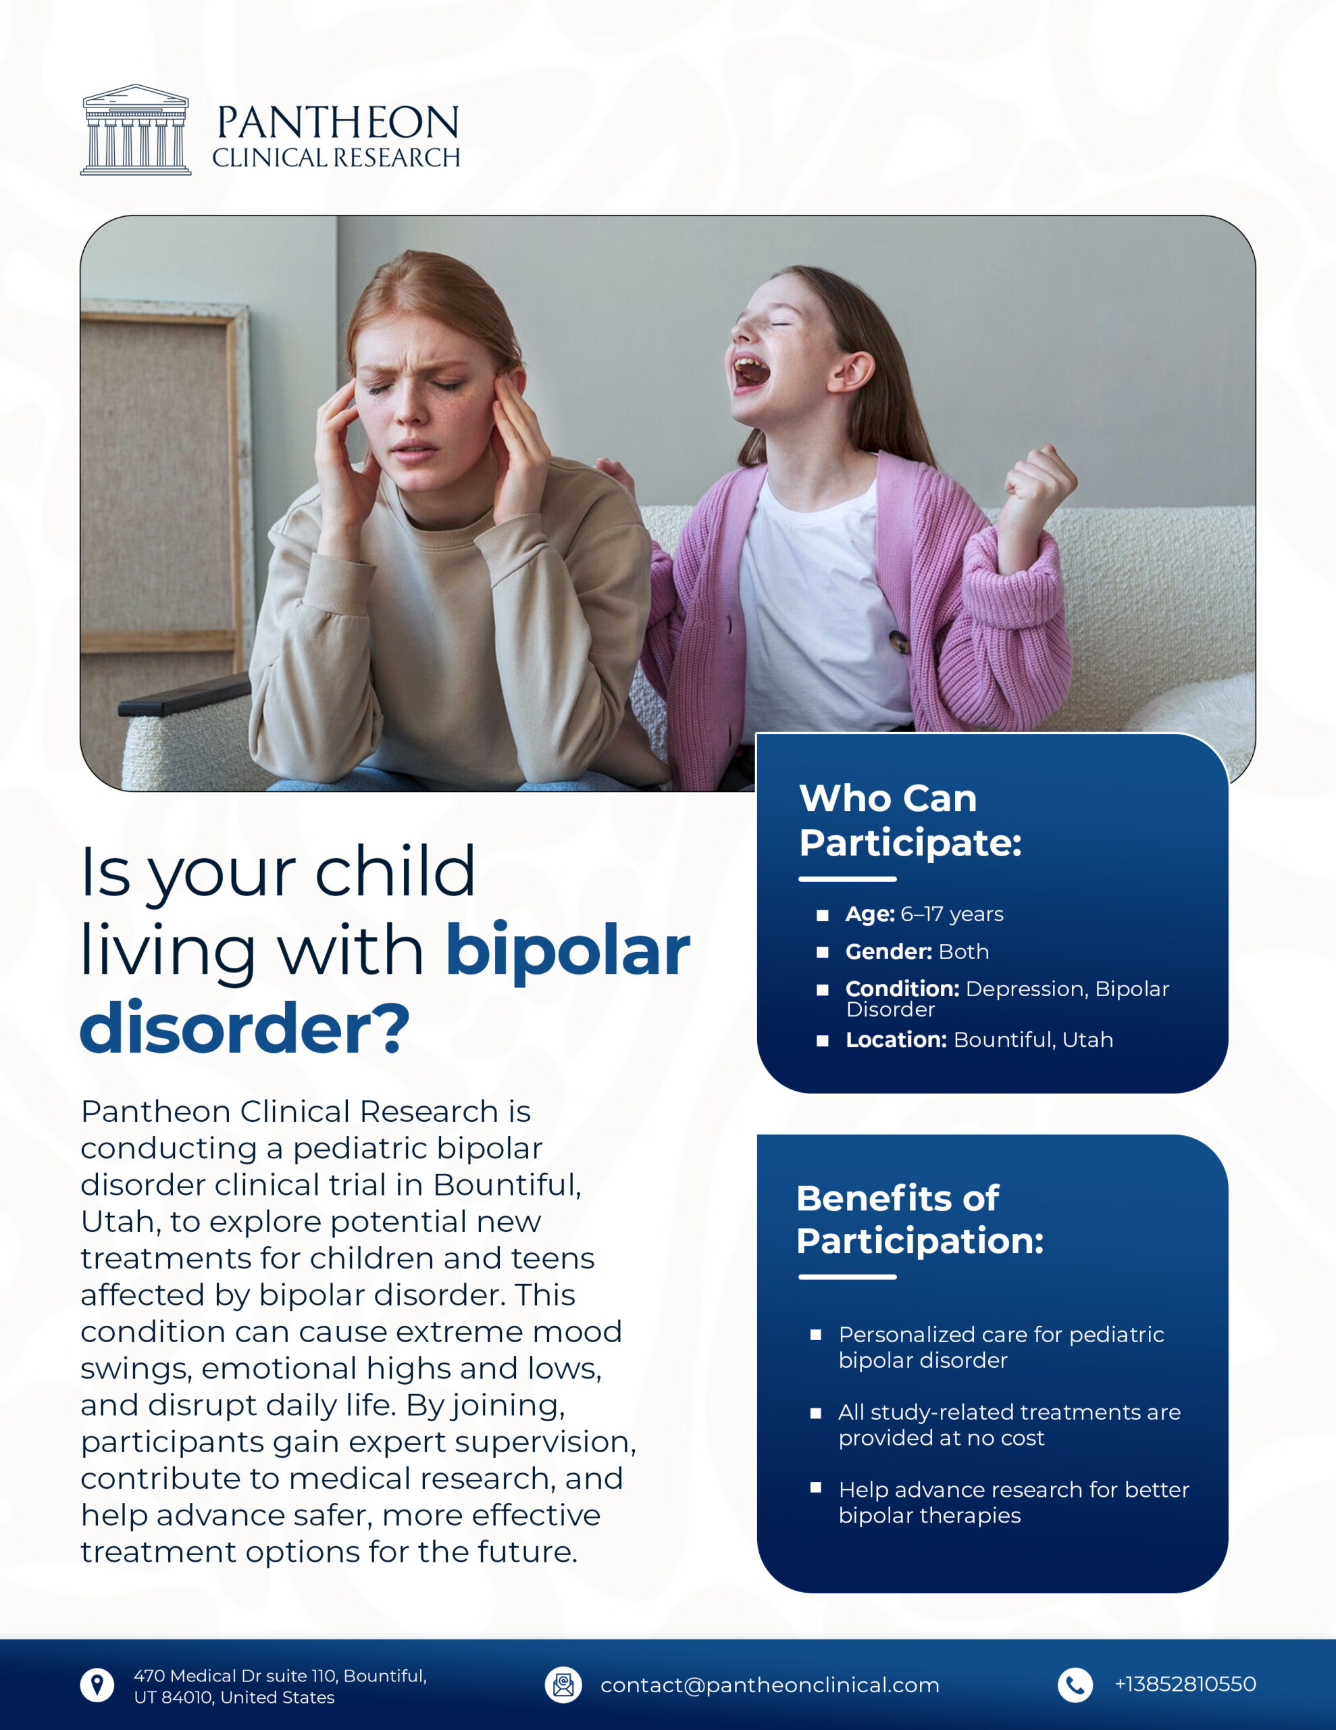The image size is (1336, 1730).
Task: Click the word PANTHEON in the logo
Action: tap(337, 123)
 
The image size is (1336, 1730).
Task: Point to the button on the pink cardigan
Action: tap(897, 639)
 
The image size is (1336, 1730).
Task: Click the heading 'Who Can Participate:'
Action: tap(910, 820)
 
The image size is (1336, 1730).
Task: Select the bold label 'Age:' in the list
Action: tap(869, 914)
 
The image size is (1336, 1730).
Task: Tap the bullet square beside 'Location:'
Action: tap(822, 1041)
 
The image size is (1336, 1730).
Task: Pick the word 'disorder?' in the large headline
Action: tap(245, 1028)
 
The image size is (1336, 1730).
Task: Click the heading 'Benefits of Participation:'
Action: tap(919, 1219)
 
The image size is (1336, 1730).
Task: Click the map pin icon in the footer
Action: tap(97, 1684)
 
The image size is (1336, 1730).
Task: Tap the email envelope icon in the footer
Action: tap(563, 1684)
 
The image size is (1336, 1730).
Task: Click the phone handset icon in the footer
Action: tap(1075, 1684)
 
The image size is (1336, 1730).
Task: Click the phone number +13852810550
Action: tap(1185, 1684)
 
